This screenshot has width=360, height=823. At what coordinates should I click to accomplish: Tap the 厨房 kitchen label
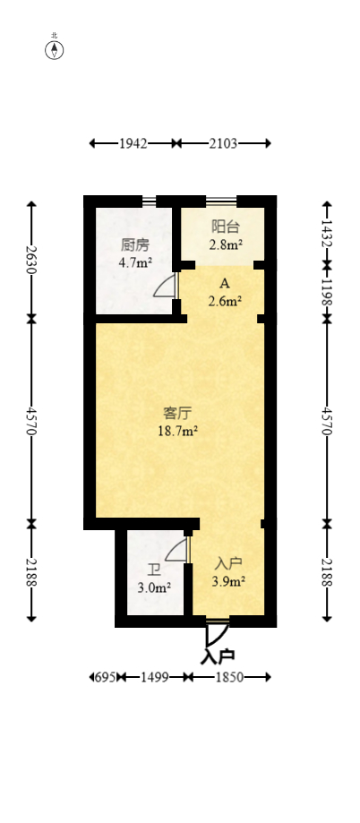pyautogui.click(x=135, y=244)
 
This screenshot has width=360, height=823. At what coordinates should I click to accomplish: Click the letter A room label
pyautogui.click(x=225, y=283)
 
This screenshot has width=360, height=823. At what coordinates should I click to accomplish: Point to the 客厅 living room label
pyautogui.click(x=178, y=413)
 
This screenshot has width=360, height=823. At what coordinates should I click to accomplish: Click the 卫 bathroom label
pyautogui.click(x=154, y=570)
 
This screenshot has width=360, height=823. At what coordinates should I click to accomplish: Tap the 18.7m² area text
pyautogui.click(x=178, y=430)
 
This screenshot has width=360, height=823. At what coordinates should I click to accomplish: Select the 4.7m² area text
pyautogui.click(x=135, y=262)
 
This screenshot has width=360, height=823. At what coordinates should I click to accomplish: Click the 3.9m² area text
pyautogui.click(x=229, y=581)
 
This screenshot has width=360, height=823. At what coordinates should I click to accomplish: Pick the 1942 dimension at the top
pyautogui.click(x=133, y=143)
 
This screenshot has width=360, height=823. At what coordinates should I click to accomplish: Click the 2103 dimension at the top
pyautogui.click(x=223, y=143)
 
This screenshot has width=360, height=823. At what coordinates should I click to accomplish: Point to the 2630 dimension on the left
pyautogui.click(x=31, y=260)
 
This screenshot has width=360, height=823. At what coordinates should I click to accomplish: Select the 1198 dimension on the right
pyautogui.click(x=327, y=292)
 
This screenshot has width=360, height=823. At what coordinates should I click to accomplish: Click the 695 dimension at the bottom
pyautogui.click(x=105, y=678)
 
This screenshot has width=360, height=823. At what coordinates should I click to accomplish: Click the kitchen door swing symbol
pyautogui.click(x=167, y=286)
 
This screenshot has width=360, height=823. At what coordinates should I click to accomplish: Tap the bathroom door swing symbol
pyautogui.click(x=177, y=550)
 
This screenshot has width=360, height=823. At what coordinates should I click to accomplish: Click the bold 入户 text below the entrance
pyautogui.click(x=218, y=656)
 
